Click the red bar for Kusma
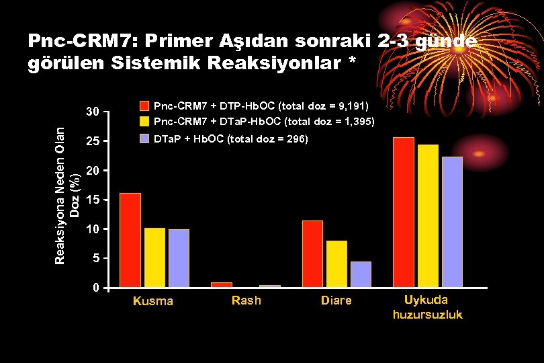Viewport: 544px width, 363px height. [130, 240]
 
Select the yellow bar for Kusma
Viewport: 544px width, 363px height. [154, 257]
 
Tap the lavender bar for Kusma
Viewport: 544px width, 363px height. [179, 258]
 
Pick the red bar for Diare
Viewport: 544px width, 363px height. [312, 253]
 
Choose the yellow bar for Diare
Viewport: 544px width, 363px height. [336, 264]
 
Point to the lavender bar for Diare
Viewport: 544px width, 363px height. [361, 274]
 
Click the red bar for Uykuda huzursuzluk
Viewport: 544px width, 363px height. [404, 212]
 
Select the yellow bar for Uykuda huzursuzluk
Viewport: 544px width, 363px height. [428, 216]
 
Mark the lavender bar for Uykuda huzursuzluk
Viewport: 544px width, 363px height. [452, 222]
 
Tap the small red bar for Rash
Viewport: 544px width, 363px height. [222, 284]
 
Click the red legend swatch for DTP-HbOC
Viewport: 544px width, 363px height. [144, 106]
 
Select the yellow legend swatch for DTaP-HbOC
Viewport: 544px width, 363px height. [144, 122]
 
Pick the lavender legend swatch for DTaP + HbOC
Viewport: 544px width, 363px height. [144, 139]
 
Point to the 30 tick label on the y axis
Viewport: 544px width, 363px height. [93, 112]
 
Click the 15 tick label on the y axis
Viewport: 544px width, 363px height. [93, 200]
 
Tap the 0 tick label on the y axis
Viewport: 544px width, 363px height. [96, 288]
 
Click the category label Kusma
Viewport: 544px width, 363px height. [153, 301]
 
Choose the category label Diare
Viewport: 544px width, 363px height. [336, 300]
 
